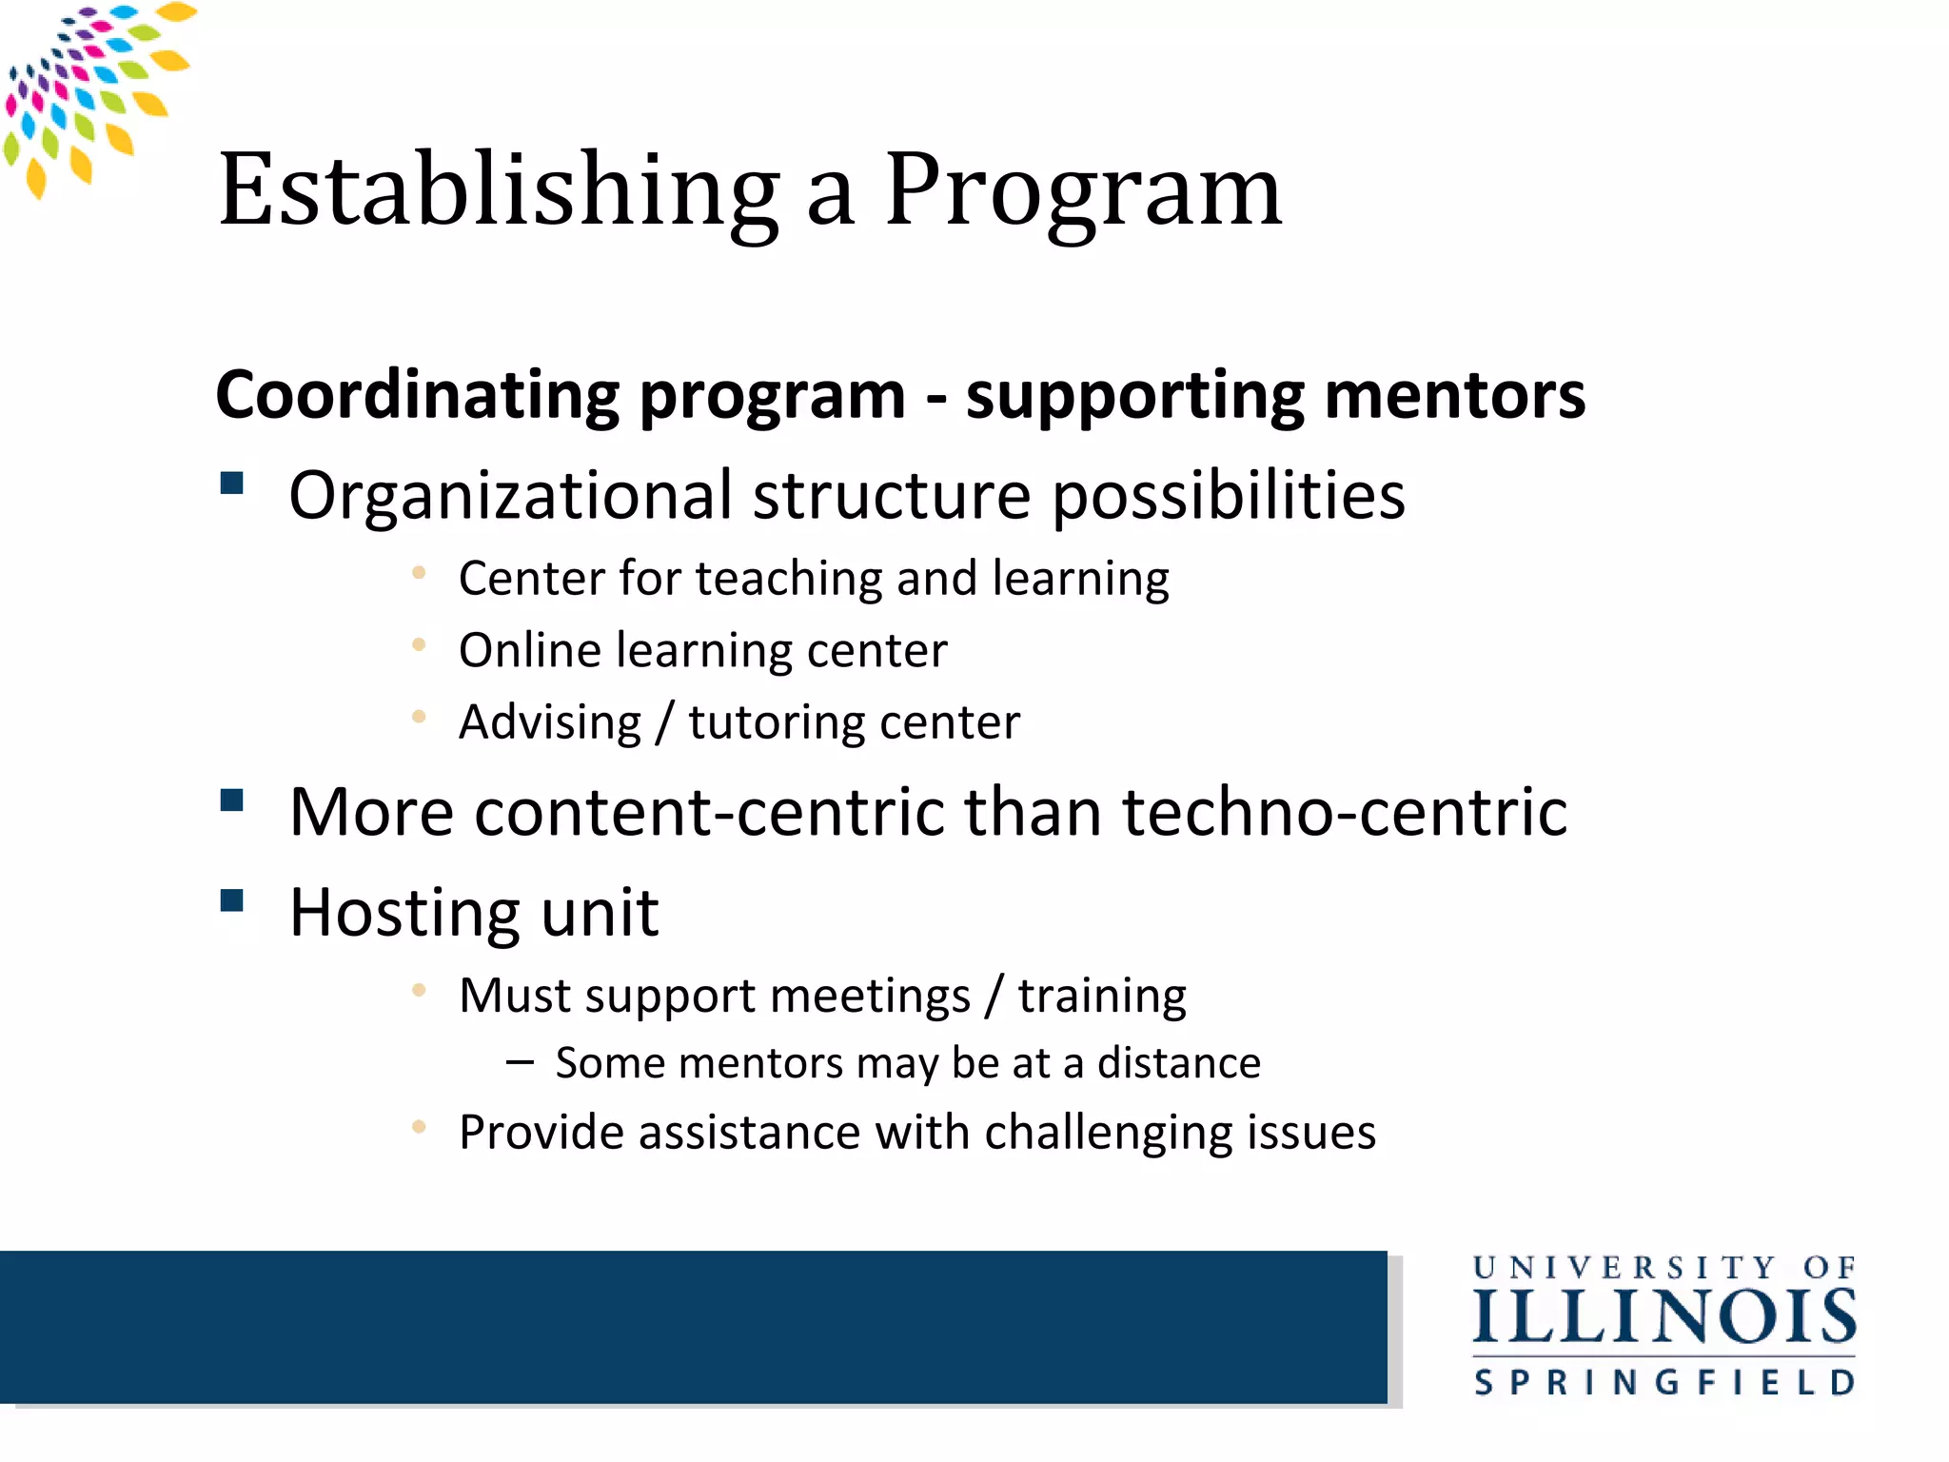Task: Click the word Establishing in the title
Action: point(499,190)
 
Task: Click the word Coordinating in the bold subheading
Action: point(417,396)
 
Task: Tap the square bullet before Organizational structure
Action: point(232,484)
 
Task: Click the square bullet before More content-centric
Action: point(232,800)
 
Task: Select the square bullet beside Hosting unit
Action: point(232,900)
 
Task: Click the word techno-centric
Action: point(1344,813)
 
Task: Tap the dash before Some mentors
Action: point(520,1061)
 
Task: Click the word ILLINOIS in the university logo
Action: point(1664,1318)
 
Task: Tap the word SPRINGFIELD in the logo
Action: point(1664,1382)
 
